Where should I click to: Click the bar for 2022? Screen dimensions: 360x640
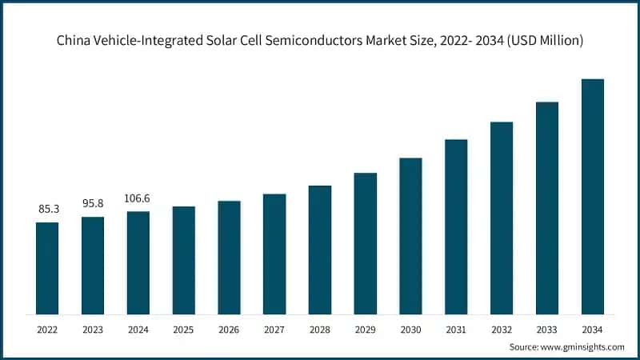coord(47,268)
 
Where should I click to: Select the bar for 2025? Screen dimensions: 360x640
coord(184,260)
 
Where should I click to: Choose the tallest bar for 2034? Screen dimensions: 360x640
coord(593,196)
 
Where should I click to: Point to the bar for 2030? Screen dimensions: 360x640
coord(410,236)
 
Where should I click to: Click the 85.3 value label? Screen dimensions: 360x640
coord(47,210)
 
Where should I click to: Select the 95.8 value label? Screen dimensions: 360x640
coord(93,204)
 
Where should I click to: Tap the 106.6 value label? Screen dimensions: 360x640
coord(138,198)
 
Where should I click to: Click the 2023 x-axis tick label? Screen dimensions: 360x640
coord(93,329)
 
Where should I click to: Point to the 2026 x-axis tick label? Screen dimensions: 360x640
coord(230,329)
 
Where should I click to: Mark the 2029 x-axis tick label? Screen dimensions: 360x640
coord(366,329)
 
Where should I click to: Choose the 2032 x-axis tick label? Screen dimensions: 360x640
coord(502,329)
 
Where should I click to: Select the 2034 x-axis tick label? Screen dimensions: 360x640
coord(593,329)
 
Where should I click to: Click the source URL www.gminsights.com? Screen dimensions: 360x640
coord(584,347)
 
